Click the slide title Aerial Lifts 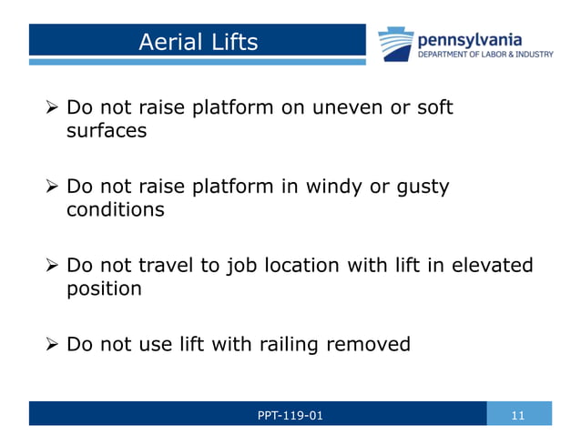click(198, 42)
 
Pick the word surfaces click(106, 131)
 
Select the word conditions click(116, 210)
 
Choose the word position click(104, 289)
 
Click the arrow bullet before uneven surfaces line click(52, 108)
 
